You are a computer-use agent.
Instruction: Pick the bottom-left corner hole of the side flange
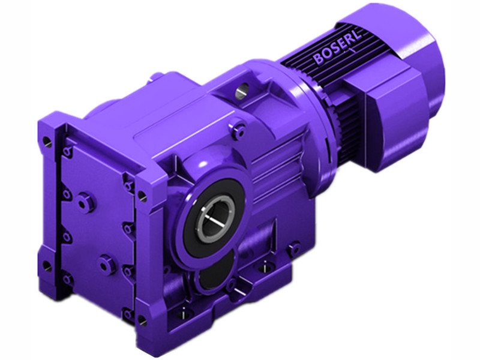click(x=46, y=265)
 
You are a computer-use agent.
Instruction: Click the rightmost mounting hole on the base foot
click(x=293, y=247)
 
